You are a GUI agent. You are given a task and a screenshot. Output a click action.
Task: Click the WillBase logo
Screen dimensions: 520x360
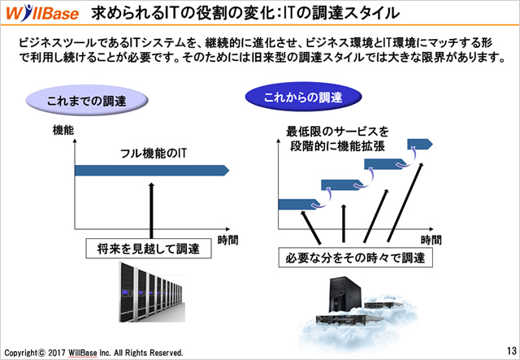(42, 13)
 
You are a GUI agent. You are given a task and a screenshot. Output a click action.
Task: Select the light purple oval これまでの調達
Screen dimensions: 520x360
(87, 101)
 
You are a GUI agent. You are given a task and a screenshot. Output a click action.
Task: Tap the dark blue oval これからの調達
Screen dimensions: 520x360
(303, 97)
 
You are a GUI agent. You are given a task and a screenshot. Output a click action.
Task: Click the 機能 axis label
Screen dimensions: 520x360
(63, 130)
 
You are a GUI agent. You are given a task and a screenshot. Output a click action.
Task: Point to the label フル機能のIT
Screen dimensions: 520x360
(154, 154)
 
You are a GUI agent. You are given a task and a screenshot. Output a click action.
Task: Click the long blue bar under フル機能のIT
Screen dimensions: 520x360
(152, 170)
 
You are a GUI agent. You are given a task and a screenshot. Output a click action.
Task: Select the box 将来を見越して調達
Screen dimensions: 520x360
(149, 248)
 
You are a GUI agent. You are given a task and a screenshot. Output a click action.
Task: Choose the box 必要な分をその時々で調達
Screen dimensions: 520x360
(356, 258)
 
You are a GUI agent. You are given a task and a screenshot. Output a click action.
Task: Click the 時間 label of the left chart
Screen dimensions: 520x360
(227, 240)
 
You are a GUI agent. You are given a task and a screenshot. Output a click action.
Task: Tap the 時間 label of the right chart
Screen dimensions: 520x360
(431, 240)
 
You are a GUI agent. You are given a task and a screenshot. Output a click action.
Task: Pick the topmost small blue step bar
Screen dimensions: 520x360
(420, 144)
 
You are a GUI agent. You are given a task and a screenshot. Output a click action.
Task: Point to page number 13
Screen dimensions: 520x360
(512, 350)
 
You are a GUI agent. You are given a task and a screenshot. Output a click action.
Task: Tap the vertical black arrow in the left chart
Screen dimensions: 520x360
(152, 210)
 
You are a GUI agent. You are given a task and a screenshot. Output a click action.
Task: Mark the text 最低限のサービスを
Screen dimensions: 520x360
(338, 132)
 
